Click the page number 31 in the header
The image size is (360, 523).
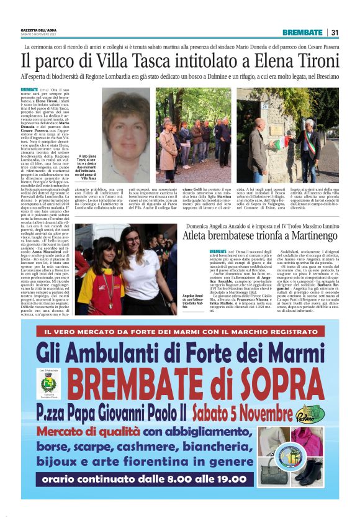tap(335, 32)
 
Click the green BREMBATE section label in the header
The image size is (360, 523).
tap(302, 32)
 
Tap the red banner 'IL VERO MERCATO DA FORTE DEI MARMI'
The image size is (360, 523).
tap(180, 332)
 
